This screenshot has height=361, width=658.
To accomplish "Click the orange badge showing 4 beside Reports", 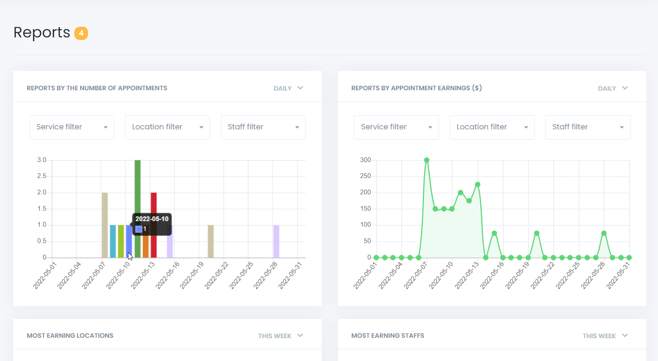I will coord(81,33).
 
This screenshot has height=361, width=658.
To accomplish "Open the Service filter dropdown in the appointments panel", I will coord(72,127).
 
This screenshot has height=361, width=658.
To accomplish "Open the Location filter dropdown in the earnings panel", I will coord(492,127).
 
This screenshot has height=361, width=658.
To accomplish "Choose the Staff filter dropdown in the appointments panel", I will coord(263,127).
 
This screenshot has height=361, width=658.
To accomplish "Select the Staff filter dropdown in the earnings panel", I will coord(588,127).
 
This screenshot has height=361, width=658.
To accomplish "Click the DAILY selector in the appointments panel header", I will coord(288,89).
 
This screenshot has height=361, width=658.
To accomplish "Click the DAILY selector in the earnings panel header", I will coord(613,89).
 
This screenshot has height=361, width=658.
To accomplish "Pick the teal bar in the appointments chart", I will coord(113,241).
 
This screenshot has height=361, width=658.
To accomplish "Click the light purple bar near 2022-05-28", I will coord(276,241).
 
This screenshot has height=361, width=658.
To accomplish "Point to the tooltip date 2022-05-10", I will coord(152,219).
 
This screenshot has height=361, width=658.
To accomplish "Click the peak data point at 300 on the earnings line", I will coord(426,160).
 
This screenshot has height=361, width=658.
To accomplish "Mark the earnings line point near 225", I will coord(478,184).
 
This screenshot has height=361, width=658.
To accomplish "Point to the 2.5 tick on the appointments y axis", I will coord(42,176).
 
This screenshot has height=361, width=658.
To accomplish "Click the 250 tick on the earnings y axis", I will coord(366,176).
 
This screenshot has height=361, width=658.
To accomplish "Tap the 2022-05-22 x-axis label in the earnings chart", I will coord(543,275).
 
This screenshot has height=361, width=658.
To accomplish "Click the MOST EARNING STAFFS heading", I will coord(387,336).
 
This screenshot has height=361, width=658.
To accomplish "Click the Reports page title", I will coord(42,33).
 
